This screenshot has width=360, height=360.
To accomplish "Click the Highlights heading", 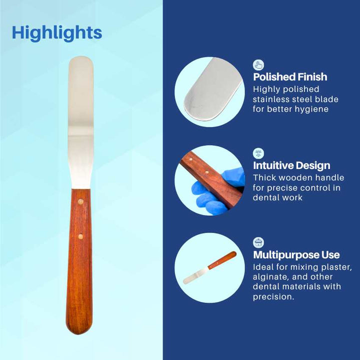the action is (57, 33).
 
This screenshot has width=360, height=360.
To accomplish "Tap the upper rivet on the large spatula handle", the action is (80, 202).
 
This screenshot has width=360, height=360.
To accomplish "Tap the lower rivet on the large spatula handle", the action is (80, 236).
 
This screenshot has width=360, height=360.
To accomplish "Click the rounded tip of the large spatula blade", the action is (81, 57).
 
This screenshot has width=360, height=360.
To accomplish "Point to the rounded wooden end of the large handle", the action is (79, 330).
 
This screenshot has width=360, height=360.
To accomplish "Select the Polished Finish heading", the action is (290, 76).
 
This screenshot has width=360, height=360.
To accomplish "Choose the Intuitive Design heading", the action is (291, 165).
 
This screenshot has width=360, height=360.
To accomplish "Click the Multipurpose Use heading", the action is (296, 254).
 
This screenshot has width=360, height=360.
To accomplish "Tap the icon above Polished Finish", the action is (258, 65).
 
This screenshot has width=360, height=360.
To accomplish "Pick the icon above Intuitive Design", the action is (258, 153).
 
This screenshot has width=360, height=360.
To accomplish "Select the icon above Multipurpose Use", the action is (258, 242).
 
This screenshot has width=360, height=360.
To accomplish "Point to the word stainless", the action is (271, 99).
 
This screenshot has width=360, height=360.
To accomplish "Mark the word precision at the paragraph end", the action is (273, 297).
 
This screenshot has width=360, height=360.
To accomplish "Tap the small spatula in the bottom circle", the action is (209, 267).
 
